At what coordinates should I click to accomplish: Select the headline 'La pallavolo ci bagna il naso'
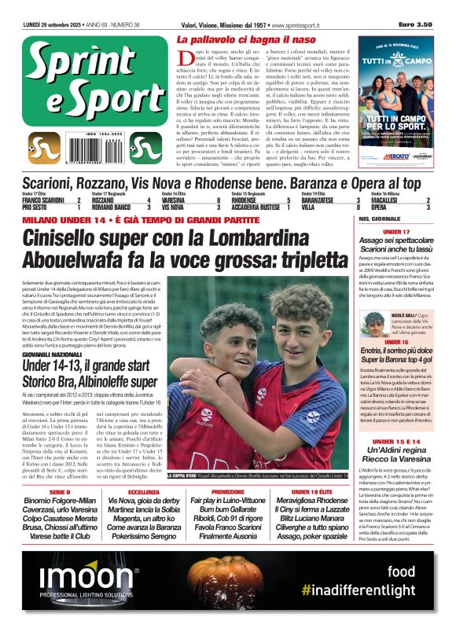tap(247, 39)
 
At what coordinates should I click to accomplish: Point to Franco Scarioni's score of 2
tap(79, 201)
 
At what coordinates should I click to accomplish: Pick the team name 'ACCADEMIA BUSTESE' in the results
tap(252, 208)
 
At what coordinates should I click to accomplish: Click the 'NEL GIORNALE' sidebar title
tap(380, 219)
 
